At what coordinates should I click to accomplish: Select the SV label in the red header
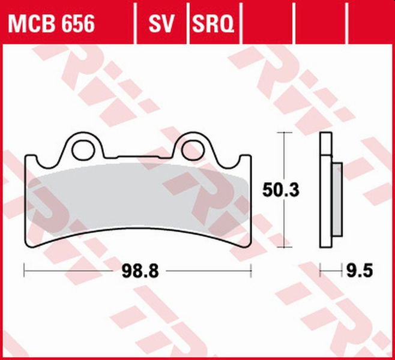coord(160,24)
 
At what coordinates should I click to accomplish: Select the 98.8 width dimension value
coord(142,271)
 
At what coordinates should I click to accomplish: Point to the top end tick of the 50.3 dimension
coord(283,134)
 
